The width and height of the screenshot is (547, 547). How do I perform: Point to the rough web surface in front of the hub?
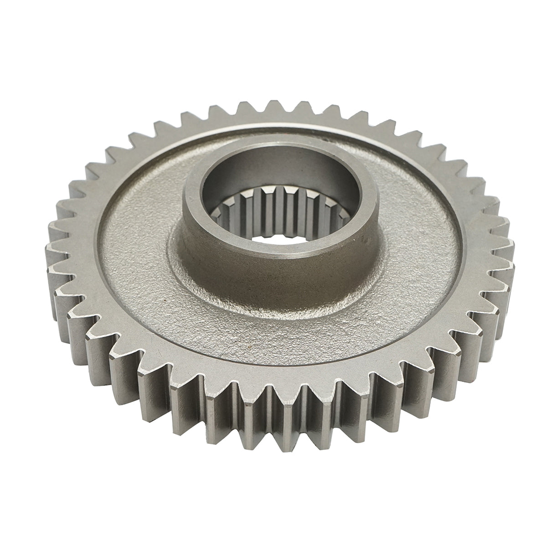(x=273, y=337)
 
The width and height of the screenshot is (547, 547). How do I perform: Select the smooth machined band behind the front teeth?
(x=273, y=374)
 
